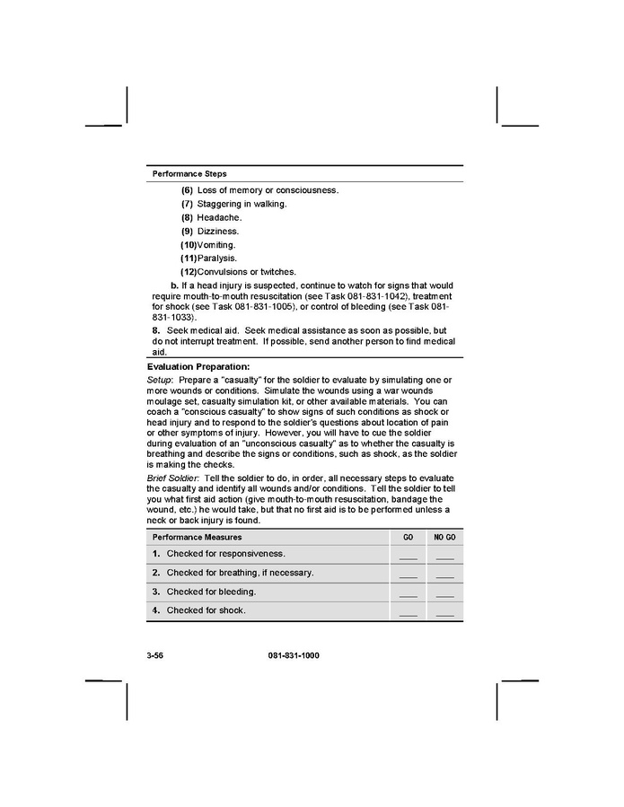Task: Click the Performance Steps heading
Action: [189, 173]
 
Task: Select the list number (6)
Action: [187, 190]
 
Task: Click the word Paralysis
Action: [217, 258]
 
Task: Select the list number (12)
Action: [189, 271]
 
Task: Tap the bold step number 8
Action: [155, 330]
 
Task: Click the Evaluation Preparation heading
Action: [198, 366]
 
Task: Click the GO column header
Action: [408, 537]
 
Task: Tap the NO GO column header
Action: [444, 537]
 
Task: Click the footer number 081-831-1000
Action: [294, 655]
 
